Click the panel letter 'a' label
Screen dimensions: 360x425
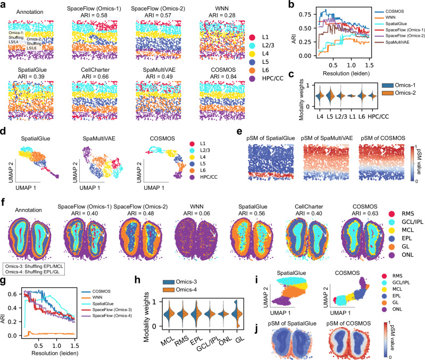point(4,4)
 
